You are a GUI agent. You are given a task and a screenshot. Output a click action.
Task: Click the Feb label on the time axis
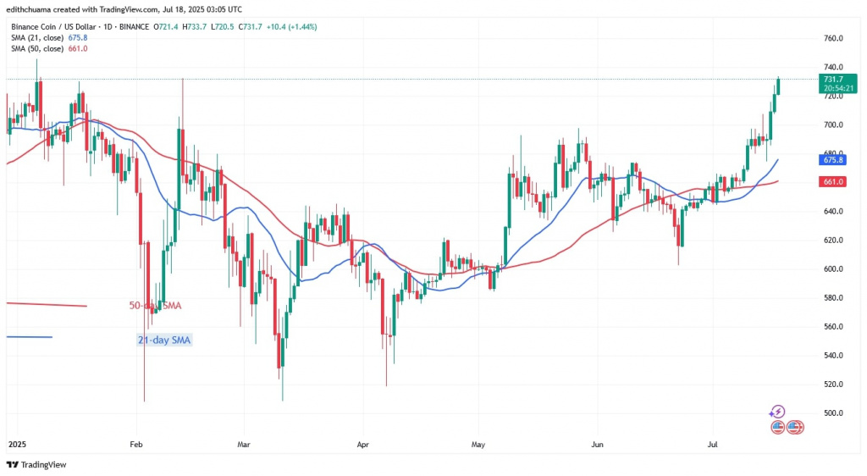(135, 443)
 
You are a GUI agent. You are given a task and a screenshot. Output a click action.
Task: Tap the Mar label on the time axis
(244, 443)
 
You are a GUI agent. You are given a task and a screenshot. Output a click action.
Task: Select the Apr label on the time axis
(363, 443)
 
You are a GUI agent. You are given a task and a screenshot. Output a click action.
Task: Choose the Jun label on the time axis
(597, 443)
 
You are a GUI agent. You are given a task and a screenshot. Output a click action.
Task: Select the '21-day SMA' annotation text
(163, 340)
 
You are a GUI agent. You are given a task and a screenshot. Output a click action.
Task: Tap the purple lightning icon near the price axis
(777, 412)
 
